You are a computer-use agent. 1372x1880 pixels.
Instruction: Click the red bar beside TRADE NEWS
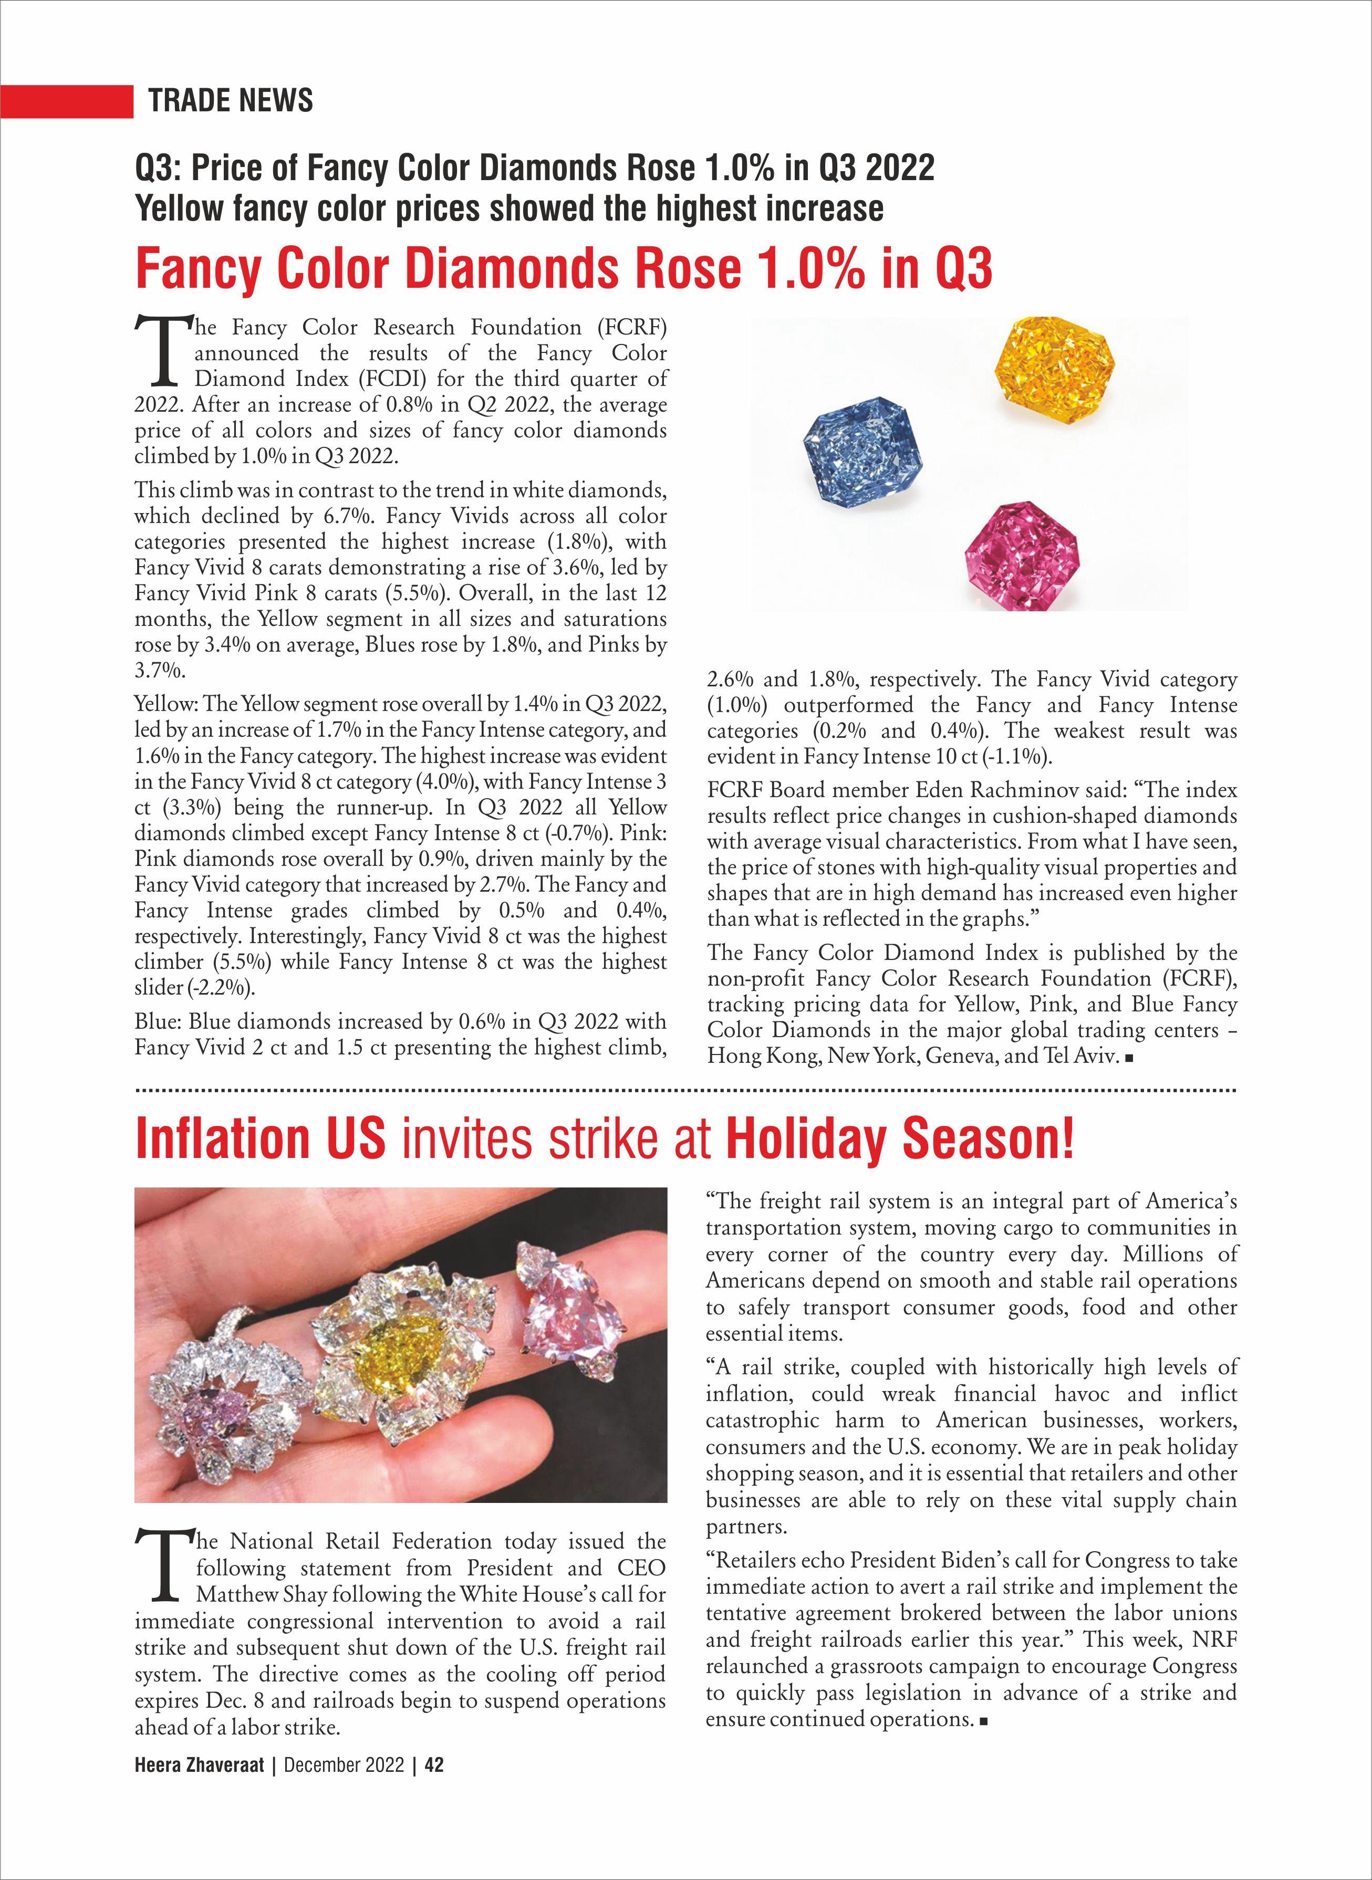point(66,100)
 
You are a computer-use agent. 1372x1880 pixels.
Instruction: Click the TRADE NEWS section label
point(231,100)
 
